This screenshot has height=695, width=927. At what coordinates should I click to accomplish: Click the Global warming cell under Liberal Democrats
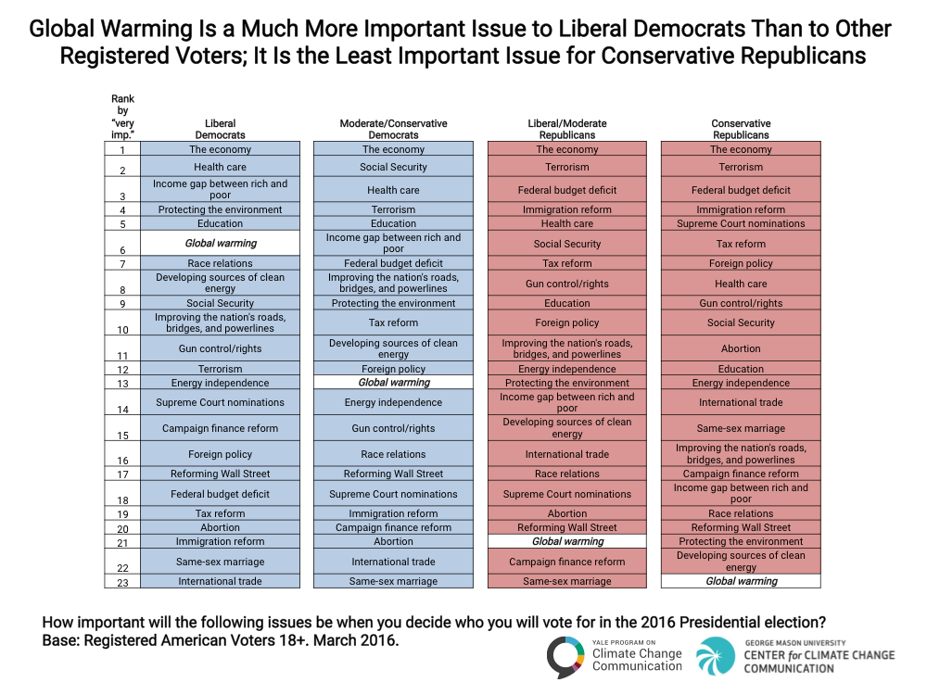click(x=221, y=243)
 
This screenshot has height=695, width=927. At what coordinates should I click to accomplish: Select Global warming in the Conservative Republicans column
click(x=741, y=581)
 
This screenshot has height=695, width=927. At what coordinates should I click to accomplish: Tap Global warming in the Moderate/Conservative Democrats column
click(x=394, y=382)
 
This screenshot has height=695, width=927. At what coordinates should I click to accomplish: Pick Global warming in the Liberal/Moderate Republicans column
click(x=567, y=541)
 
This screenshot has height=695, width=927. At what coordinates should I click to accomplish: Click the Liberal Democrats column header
click(x=221, y=129)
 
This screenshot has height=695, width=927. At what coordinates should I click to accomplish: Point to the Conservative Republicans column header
click(x=741, y=129)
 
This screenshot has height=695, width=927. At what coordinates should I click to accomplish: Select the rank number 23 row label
click(x=122, y=581)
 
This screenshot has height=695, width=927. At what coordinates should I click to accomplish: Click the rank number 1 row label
click(x=122, y=149)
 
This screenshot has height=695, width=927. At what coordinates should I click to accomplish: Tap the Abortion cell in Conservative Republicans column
click(x=741, y=348)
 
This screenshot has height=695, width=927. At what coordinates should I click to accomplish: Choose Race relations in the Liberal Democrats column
click(x=221, y=263)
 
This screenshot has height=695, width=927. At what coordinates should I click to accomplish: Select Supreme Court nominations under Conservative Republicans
click(x=741, y=223)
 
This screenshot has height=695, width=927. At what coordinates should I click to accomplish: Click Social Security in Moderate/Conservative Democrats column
click(x=394, y=167)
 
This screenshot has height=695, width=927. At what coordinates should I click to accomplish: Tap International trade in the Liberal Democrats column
click(x=221, y=581)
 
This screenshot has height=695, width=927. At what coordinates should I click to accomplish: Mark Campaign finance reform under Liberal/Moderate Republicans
click(x=567, y=562)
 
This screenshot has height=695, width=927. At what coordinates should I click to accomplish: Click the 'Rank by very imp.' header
click(x=122, y=117)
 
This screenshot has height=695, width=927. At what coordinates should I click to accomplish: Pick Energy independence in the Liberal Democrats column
click(x=221, y=383)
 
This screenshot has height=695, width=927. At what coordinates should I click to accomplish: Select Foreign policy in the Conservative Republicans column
click(x=741, y=263)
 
